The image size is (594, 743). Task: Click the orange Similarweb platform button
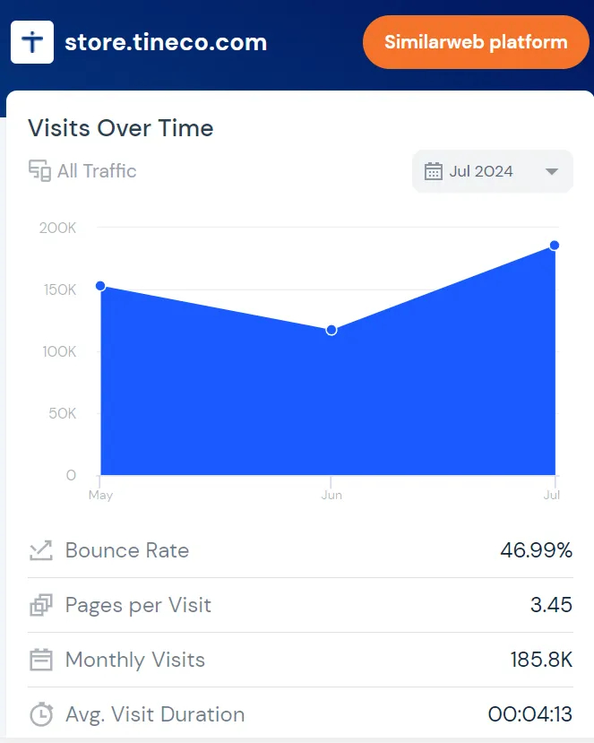tap(476, 42)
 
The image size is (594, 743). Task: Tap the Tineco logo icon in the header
tap(32, 42)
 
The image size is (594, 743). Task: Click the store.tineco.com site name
tap(166, 42)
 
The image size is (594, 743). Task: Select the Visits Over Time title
tap(121, 128)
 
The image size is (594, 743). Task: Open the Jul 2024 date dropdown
tap(492, 171)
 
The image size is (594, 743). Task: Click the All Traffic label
tap(97, 171)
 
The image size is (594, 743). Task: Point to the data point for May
tap(100, 286)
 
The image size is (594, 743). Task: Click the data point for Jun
tap(331, 330)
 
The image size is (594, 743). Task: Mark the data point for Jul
tap(555, 246)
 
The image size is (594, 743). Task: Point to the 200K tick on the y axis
tap(58, 228)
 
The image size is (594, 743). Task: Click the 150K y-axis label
tap(59, 289)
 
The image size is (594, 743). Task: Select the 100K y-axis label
tap(59, 351)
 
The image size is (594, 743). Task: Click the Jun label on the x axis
tap(331, 495)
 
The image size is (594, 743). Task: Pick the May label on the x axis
tap(101, 495)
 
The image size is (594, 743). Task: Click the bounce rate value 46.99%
tap(536, 550)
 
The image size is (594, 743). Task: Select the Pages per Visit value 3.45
tap(551, 605)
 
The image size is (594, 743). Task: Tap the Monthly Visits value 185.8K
tap(541, 660)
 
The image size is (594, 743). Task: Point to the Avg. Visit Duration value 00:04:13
tap(529, 714)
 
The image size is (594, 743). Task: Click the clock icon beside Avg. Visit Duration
tap(41, 714)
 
